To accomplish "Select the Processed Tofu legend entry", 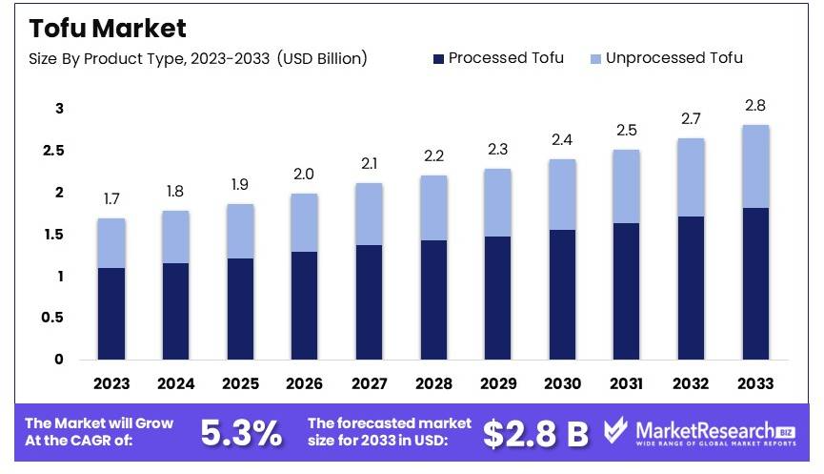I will click(498, 58).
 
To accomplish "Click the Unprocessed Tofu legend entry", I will click(667, 58).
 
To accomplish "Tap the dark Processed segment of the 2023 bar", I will click(111, 313).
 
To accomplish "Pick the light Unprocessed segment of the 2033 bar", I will click(755, 166).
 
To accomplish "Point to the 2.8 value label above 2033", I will click(755, 106).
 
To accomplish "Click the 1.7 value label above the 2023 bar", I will click(111, 199).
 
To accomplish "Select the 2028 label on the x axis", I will click(433, 383).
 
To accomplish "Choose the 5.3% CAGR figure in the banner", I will click(241, 434).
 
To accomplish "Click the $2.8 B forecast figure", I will click(535, 434).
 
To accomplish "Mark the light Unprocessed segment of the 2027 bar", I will click(369, 214).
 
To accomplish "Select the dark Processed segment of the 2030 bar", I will click(562, 294).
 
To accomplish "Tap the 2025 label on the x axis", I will click(240, 383).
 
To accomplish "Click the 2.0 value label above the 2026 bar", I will click(304, 175).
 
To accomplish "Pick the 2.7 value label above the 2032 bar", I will click(691, 119).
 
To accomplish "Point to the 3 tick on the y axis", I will click(58, 109).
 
